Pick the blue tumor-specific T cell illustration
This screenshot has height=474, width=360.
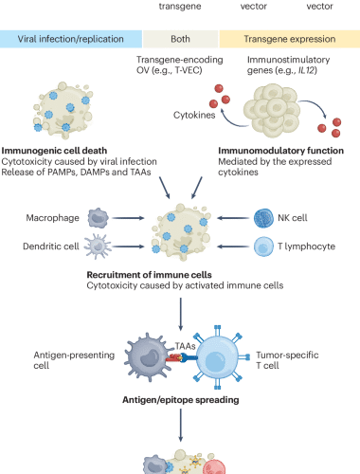coord(230,360)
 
